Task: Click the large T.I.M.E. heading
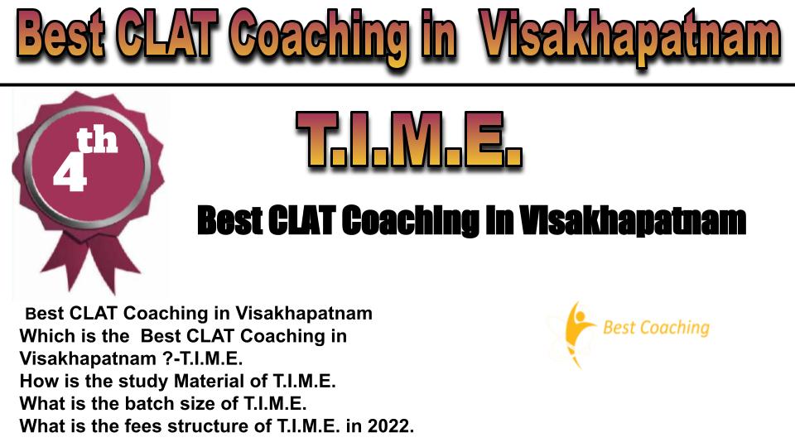409,139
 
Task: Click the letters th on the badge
97,141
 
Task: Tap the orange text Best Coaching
656,328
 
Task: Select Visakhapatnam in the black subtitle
633,221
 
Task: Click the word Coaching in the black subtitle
410,222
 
